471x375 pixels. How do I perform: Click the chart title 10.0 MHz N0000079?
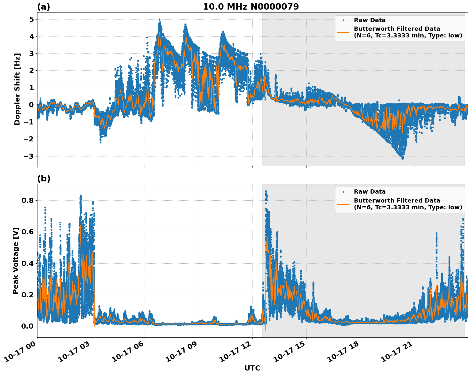(x=251, y=7)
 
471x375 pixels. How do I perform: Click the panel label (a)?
(x=44, y=7)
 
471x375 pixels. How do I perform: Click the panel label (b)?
(x=44, y=179)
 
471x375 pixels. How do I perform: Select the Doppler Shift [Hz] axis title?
(x=17, y=89)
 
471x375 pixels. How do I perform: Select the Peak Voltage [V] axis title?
(x=16, y=260)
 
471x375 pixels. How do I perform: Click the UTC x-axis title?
(x=252, y=368)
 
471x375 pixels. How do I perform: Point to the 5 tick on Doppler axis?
(x=31, y=20)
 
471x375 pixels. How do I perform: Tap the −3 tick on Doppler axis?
(x=29, y=156)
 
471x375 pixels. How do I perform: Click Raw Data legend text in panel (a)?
(x=370, y=20)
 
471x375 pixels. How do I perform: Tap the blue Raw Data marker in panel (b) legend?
(x=343, y=192)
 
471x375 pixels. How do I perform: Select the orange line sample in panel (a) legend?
(x=343, y=32)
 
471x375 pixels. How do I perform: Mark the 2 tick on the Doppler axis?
(x=31, y=71)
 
